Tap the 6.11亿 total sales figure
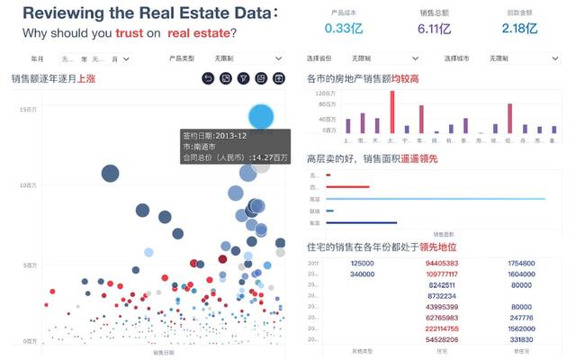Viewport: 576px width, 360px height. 433,28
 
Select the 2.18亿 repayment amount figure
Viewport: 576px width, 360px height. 519,28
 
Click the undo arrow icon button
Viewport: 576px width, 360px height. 209,79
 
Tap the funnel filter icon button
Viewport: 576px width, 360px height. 243,79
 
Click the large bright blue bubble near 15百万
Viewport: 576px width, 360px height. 261,116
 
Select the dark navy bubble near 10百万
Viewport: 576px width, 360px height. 110,174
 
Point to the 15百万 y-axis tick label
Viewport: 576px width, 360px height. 27,109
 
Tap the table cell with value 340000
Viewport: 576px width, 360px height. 362,274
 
